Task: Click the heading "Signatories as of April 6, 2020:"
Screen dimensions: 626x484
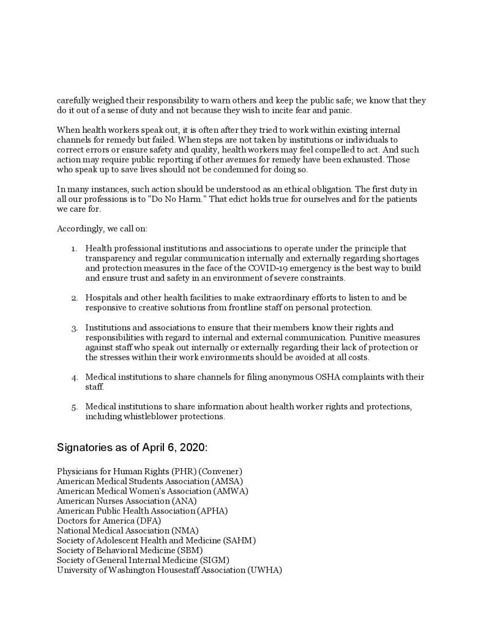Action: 132,447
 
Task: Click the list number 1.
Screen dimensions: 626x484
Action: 74,249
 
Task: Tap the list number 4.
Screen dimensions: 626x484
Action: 74,378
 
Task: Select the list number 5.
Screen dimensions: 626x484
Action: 74,408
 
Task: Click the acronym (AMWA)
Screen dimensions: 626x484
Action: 230,491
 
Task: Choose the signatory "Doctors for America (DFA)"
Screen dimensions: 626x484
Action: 109,521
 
